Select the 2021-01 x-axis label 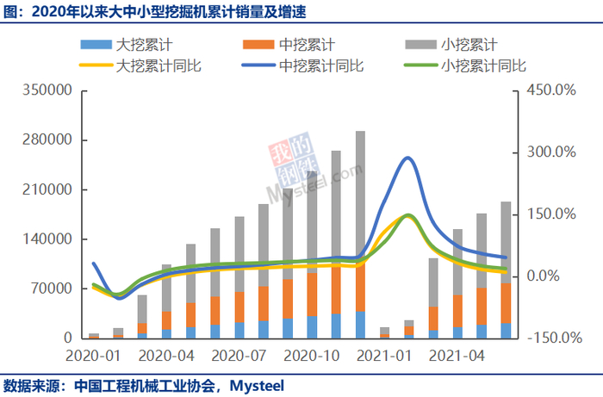(x=382, y=355)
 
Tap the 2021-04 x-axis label (x=455, y=355)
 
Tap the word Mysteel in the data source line (x=255, y=384)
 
